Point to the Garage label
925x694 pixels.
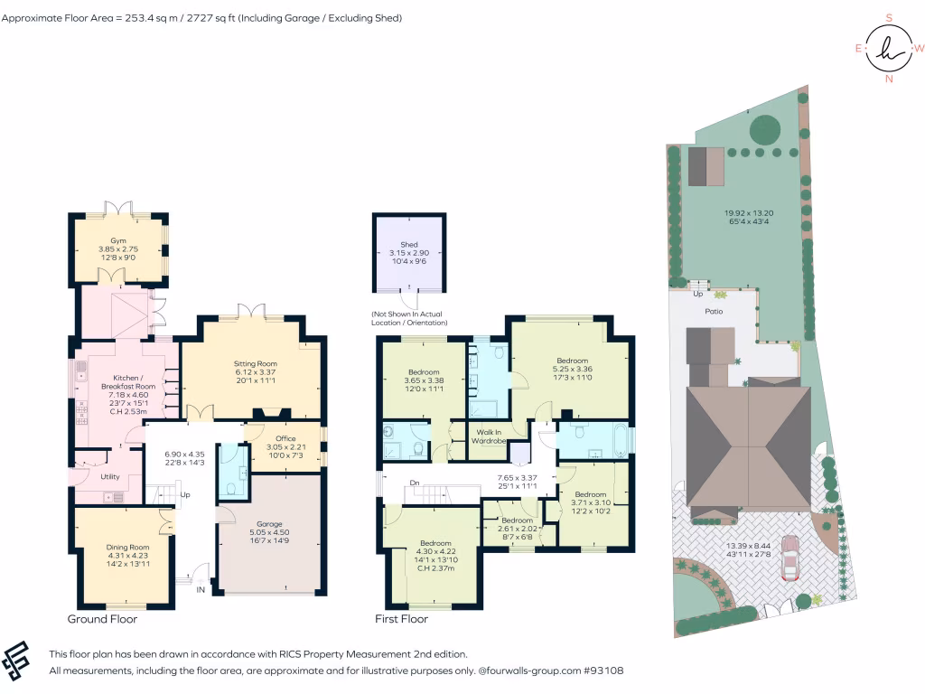coord(269,524)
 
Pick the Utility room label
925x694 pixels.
coord(110,476)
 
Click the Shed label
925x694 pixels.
coord(409,244)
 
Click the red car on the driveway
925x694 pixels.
coord(790,558)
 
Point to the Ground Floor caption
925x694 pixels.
coord(102,619)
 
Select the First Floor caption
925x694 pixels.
coord(401,619)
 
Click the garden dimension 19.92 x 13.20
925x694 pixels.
coord(748,214)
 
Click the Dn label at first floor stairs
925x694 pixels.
coord(415,483)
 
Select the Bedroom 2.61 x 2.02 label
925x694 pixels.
coord(518,520)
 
